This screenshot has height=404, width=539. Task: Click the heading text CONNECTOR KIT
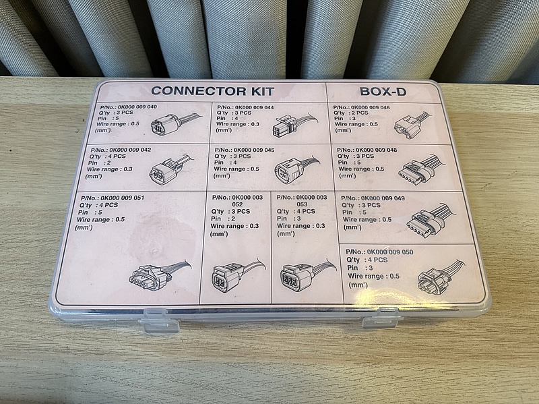(x=212, y=91)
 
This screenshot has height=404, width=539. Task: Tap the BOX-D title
(x=383, y=92)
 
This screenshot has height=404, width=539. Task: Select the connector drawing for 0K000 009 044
(x=294, y=125)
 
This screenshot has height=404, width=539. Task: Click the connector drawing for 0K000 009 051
(x=160, y=275)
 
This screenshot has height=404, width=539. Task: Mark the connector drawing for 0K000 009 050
(x=441, y=277)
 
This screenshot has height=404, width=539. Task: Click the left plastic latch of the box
(x=158, y=321)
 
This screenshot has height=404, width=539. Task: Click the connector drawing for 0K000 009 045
(x=296, y=169)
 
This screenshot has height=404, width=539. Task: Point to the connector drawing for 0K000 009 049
(x=431, y=221)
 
